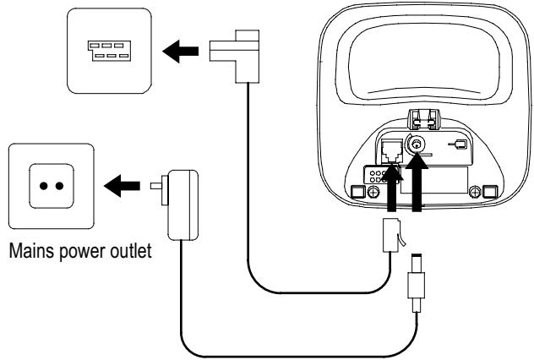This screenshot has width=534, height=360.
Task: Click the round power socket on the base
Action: pyautogui.click(x=415, y=145)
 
